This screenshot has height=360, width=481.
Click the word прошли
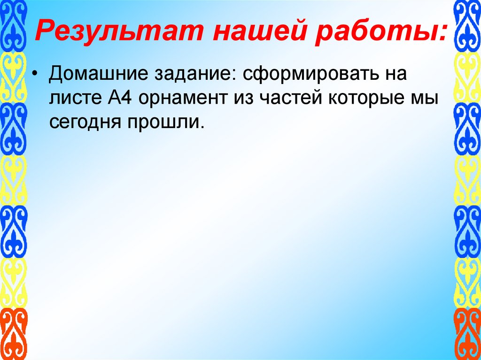[x=164, y=123]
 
